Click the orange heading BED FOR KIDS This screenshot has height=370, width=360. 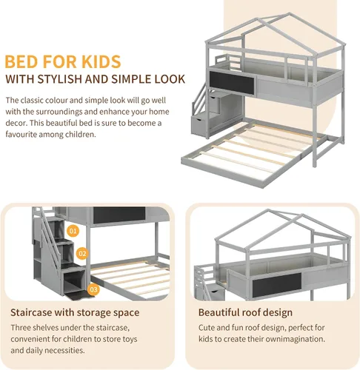63,61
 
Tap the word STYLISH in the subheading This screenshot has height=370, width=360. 59,79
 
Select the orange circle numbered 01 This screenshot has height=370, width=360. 73,231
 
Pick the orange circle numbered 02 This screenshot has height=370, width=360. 82,254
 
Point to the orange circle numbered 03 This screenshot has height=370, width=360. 93,289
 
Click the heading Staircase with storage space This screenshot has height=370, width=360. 75,312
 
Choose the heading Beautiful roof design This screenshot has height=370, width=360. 245,312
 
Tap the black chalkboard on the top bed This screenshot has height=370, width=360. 232,83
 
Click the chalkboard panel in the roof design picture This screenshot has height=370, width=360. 277,285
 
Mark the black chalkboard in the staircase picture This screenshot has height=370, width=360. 119,215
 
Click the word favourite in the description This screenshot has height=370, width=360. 21,135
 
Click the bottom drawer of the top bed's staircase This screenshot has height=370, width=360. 199,125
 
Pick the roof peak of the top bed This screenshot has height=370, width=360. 289,13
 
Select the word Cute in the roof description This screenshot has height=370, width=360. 207,328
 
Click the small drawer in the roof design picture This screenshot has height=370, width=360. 216,292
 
